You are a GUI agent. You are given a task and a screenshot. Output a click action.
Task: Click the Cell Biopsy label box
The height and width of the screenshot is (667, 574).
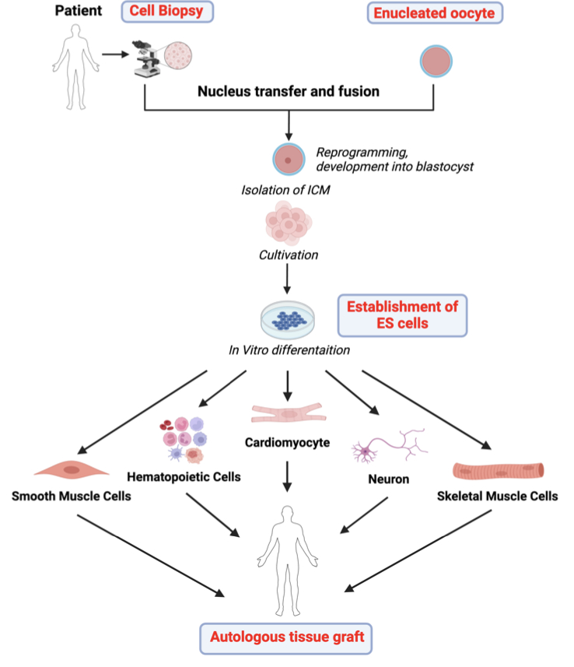[166, 12]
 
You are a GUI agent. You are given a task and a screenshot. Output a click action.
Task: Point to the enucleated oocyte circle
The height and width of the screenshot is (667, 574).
[436, 60]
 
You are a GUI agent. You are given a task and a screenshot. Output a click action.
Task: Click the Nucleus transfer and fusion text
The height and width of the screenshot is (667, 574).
[289, 91]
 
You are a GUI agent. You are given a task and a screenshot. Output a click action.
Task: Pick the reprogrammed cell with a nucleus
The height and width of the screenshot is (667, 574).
[289, 160]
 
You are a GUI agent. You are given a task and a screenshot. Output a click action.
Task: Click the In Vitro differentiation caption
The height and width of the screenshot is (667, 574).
[289, 350]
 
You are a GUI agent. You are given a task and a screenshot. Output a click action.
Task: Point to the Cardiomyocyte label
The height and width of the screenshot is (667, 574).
[287, 443]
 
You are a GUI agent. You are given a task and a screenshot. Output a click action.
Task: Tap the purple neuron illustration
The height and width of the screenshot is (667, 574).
[389, 446]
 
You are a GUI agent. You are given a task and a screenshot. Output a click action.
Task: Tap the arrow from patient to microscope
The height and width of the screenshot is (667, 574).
[114, 55]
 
